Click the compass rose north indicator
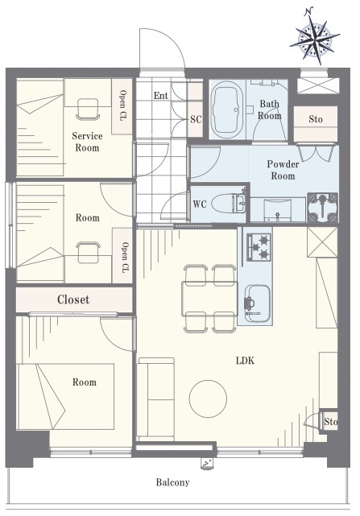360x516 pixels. (x=315, y=36)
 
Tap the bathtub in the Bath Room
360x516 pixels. (x=227, y=110)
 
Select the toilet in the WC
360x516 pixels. (x=228, y=204)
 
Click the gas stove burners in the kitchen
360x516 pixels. (x=259, y=247)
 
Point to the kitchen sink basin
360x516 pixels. (x=258, y=303)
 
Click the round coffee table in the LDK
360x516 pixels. (x=208, y=398)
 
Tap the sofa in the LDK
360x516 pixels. (x=155, y=399)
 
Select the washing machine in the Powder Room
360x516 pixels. (x=322, y=208)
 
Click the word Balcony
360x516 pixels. (x=172, y=482)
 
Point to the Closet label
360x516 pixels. (x=73, y=299)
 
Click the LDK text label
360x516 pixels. (x=245, y=361)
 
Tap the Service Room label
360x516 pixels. (x=87, y=142)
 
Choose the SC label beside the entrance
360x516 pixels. (x=196, y=119)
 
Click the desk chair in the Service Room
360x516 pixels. (x=88, y=109)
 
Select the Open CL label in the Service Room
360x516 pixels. (x=122, y=105)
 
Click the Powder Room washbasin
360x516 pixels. (x=278, y=209)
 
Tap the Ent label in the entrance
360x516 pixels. (x=161, y=96)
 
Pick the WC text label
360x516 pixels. (x=200, y=204)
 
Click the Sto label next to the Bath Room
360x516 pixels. (x=316, y=119)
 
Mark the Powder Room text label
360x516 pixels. (x=283, y=170)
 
